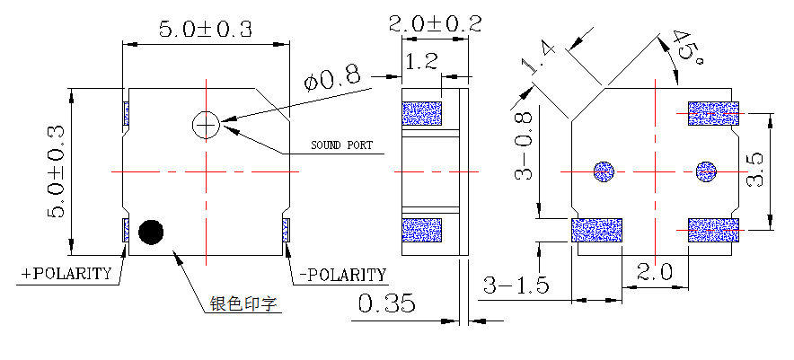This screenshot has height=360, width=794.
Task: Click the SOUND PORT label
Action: pyautogui.click(x=341, y=145)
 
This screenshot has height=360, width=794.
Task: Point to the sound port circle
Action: pyautogui.click(x=207, y=126)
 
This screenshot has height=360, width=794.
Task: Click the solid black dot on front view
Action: pyautogui.click(x=151, y=232)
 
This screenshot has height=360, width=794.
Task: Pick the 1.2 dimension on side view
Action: pyautogui.click(x=421, y=62)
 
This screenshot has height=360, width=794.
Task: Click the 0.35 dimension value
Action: pyautogui.click(x=386, y=304)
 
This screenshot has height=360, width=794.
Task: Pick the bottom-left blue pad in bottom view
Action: pyautogui.click(x=597, y=230)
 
